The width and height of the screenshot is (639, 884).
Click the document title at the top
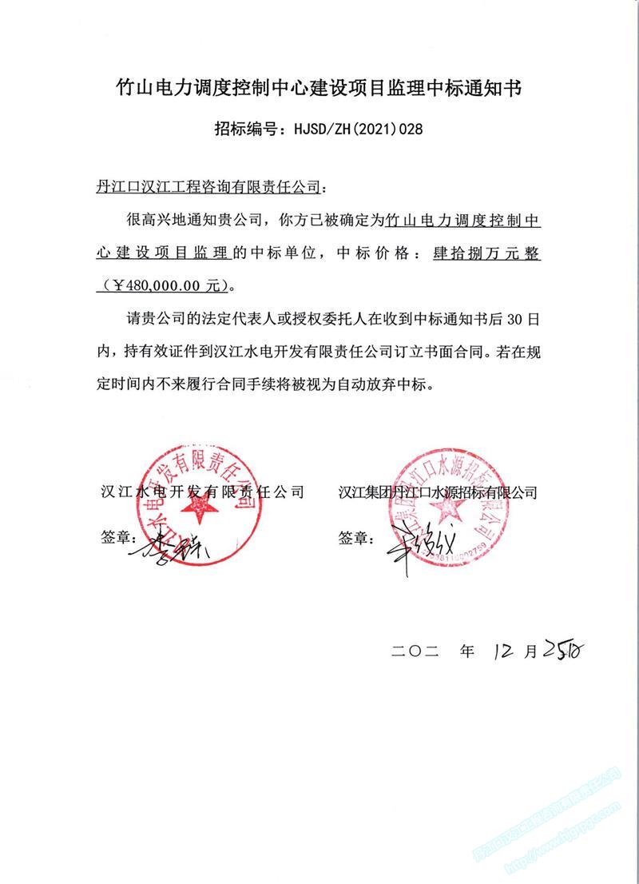[319, 88]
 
